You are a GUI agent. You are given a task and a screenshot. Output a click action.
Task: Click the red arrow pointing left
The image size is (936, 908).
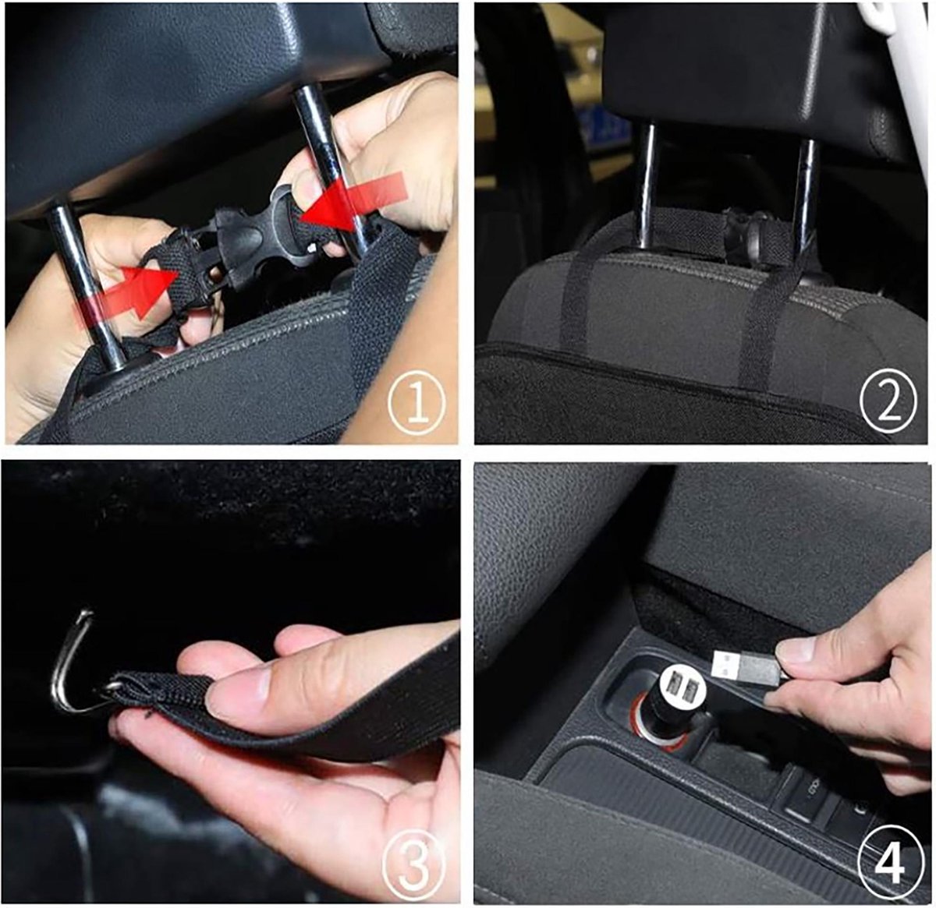coord(353,203)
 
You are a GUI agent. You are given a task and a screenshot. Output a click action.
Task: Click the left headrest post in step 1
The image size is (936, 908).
coord(87,288)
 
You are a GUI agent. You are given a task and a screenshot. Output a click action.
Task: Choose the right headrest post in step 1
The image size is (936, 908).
coord(331,168)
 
